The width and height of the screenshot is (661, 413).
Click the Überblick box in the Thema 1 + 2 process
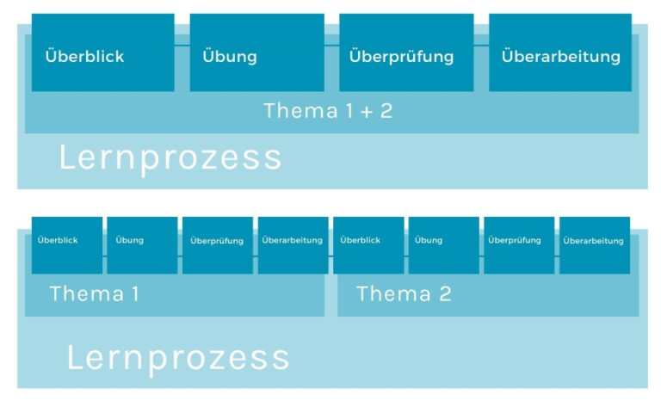pyautogui.click(x=103, y=52)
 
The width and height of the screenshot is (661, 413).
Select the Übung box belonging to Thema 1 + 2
pyautogui.click(x=257, y=52)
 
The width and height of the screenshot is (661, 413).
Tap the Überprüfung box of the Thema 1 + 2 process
pyautogui.click(x=406, y=52)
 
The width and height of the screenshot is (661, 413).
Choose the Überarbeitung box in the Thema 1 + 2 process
pyautogui.click(x=560, y=52)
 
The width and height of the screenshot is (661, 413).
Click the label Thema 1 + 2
pyautogui.click(x=328, y=111)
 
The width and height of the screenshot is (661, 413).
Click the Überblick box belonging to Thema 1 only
pyautogui.click(x=67, y=245)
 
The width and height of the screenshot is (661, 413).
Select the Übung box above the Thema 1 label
pyautogui.click(x=143, y=245)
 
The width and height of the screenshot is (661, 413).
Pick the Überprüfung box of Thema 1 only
pyautogui.click(x=218, y=245)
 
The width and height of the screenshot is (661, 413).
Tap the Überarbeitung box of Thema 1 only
pyautogui.click(x=293, y=245)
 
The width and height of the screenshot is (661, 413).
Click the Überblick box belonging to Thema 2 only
pyautogui.click(x=369, y=245)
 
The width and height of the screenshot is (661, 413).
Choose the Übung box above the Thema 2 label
pyautogui.click(x=444, y=245)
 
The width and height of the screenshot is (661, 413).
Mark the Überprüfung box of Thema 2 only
pyautogui.click(x=519, y=245)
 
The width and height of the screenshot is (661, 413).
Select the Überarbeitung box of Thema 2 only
pyautogui.click(x=595, y=245)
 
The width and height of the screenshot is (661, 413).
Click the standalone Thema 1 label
pyautogui.click(x=94, y=293)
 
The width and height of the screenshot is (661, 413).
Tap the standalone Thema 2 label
pyautogui.click(x=404, y=293)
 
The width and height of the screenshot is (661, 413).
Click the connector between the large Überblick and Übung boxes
pyautogui.click(x=182, y=45)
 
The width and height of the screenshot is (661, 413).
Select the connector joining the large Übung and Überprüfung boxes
pyautogui.click(x=331, y=45)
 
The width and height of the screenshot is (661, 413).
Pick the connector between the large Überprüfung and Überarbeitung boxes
pyautogui.click(x=481, y=45)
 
